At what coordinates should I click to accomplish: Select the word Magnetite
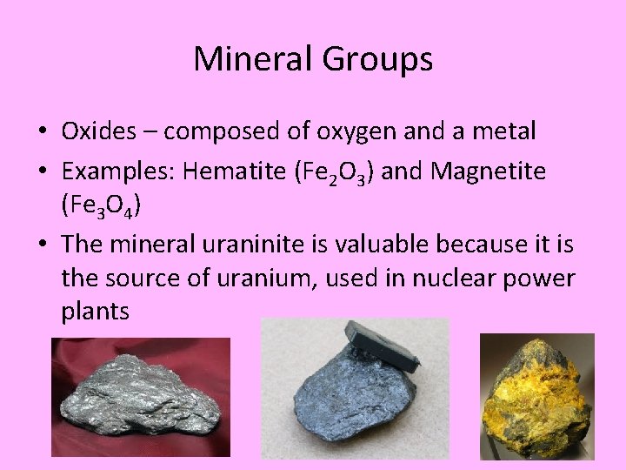[x=487, y=172]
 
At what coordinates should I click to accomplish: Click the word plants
[x=96, y=312]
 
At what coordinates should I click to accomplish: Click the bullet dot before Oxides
[x=42, y=132]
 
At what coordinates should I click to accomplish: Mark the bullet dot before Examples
[x=42, y=172]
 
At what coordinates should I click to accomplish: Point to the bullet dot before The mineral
[x=42, y=245]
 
